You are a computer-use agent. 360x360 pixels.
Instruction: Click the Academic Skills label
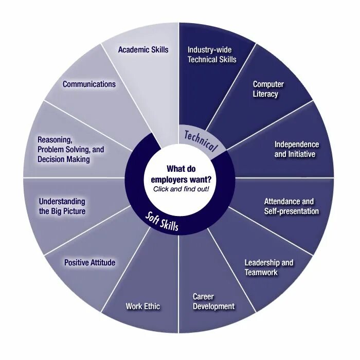coord(143,50)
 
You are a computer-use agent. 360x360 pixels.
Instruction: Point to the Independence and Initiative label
coord(296,149)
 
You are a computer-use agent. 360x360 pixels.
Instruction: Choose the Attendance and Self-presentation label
coord(291,206)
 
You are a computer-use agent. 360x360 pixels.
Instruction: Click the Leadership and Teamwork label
coord(268,267)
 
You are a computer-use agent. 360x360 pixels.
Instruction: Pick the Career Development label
coord(213,301)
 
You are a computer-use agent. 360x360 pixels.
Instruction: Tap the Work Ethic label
coord(142,307)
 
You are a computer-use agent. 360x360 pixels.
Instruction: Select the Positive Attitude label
coord(89,263)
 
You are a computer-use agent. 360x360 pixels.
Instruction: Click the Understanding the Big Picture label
coord(62,206)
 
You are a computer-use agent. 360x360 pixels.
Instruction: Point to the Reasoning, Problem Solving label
coord(70,149)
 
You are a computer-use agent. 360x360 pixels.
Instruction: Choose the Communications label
coord(89,84)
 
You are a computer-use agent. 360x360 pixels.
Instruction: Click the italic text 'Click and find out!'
coord(181,188)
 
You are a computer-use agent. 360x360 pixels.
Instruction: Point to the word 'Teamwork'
coord(261,272)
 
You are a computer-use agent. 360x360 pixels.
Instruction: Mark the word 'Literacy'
coord(265,94)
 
